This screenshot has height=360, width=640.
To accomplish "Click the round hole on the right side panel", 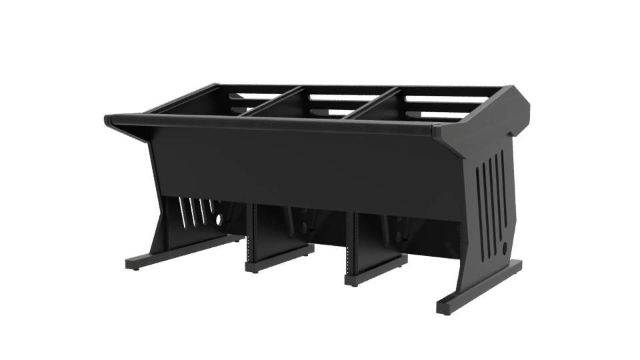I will pos(503,247).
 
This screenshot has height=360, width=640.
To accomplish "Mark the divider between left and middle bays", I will pos(273,101).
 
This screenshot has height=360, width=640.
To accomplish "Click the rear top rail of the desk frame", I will pos(360,86).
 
